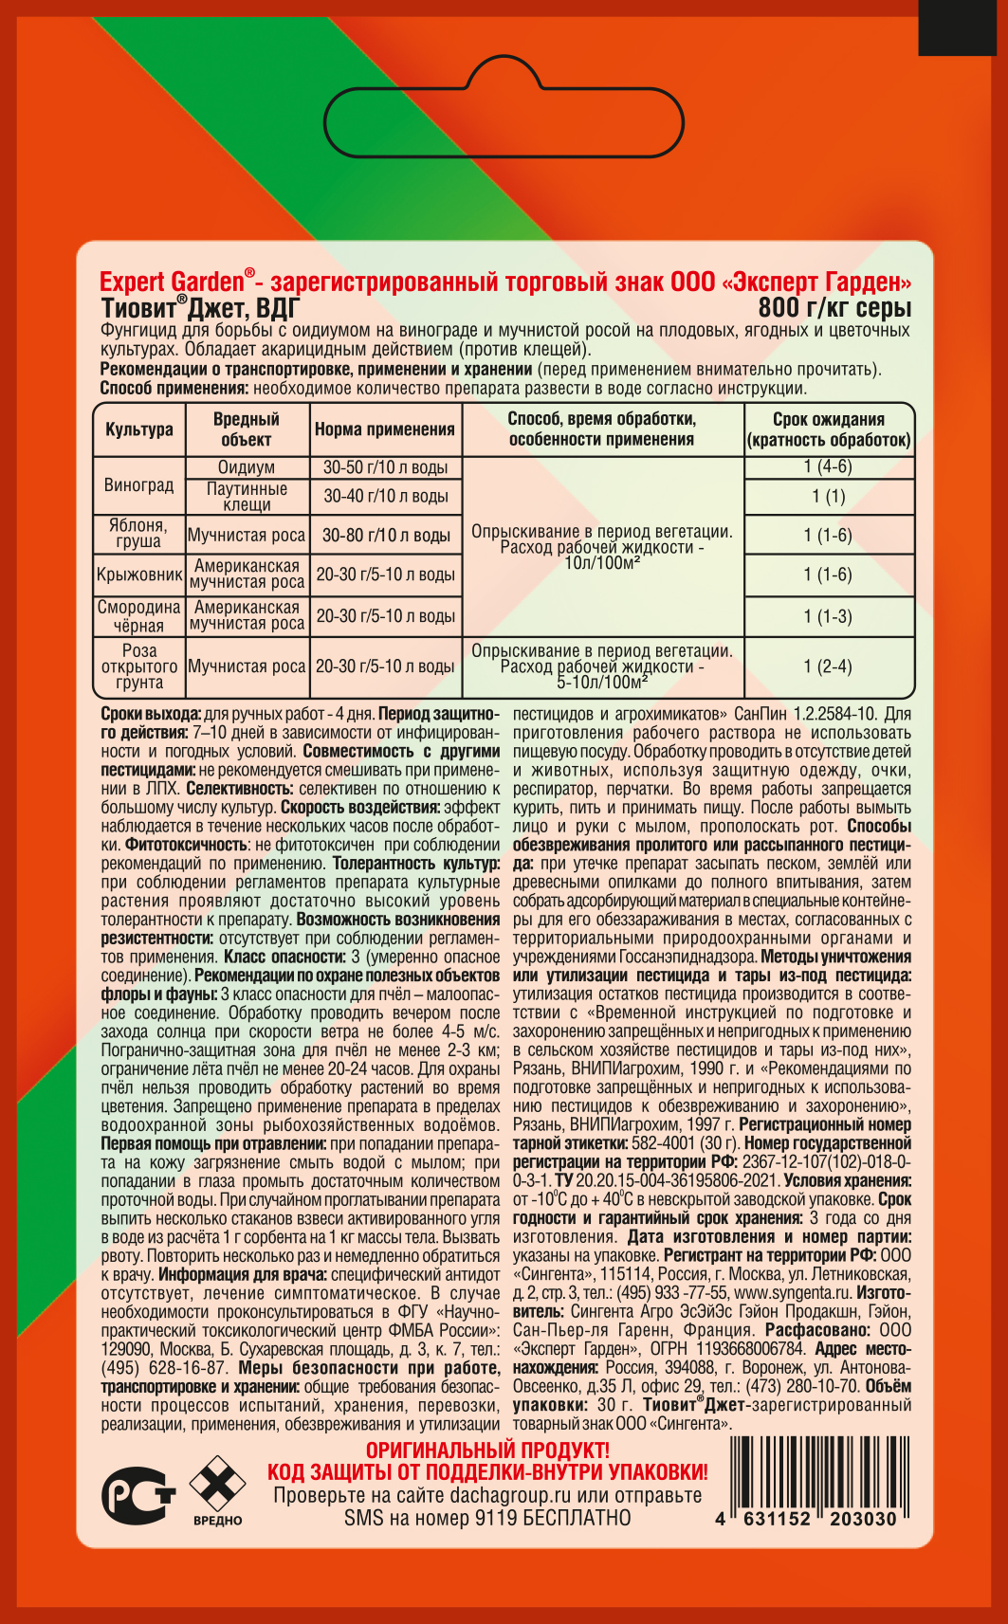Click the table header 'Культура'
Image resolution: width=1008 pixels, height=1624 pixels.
tap(139, 429)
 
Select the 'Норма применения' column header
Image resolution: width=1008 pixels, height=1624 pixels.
tap(384, 429)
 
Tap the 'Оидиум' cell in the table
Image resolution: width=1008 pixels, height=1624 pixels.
tap(247, 467)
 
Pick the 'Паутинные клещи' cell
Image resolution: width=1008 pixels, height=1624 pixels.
tap(247, 497)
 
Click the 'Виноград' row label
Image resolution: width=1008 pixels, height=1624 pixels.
tap(139, 485)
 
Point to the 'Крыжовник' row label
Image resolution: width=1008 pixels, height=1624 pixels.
tap(139, 575)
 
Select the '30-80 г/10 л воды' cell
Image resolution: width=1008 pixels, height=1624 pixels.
tap(386, 536)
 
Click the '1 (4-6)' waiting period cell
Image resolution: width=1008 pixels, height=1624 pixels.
tap(828, 466)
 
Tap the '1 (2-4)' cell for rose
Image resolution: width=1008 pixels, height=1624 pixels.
tap(828, 666)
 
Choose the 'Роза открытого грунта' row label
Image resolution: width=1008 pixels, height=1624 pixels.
tap(139, 666)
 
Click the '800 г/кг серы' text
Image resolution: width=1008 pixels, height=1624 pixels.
tap(834, 307)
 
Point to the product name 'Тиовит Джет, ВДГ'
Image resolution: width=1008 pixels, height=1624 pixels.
tap(200, 307)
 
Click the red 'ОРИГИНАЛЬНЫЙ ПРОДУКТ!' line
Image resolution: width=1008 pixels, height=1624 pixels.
tap(487, 1451)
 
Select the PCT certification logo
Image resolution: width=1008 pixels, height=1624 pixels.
tap(138, 1496)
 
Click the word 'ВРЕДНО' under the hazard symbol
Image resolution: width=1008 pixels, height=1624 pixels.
tap(218, 1521)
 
